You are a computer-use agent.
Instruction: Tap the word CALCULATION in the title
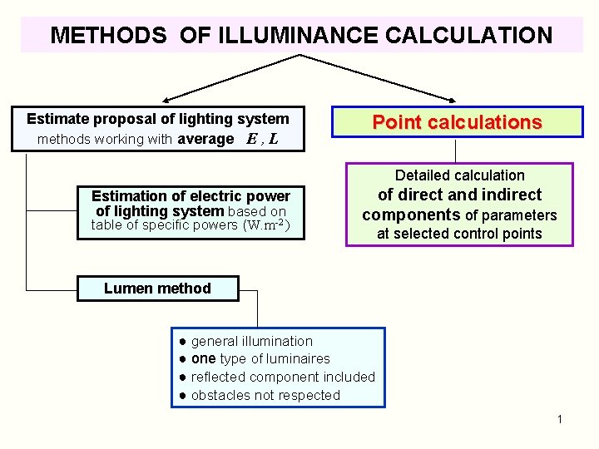click(467, 35)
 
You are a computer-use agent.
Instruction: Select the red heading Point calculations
click(457, 123)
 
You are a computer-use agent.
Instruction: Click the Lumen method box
click(157, 289)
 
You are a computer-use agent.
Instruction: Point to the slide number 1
click(560, 419)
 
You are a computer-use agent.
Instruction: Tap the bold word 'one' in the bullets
click(204, 358)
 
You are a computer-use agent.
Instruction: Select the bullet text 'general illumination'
click(252, 341)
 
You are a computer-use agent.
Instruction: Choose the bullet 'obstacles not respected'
click(265, 395)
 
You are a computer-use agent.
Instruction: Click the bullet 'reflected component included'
click(283, 377)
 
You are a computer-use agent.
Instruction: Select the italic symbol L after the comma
click(274, 140)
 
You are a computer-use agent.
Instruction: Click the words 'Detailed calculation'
click(459, 175)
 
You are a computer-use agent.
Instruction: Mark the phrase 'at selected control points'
click(459, 234)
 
